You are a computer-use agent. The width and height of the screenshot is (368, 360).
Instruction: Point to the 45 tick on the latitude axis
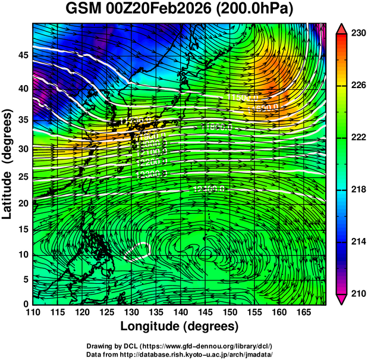pos(22,55)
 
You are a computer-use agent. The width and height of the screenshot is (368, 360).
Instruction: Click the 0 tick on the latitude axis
pos(25,304)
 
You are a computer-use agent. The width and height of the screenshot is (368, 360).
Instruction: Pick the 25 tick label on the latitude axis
pos(22,177)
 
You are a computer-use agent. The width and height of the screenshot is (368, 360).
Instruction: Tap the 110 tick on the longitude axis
pos(33,312)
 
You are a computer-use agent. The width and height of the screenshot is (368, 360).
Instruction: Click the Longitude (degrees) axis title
pos(180,326)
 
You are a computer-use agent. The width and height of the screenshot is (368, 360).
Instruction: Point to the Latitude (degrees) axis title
pos(9,164)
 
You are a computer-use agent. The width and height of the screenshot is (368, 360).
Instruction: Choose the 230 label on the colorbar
pos(357,34)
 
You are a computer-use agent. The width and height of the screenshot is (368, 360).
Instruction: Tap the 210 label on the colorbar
pos(357,293)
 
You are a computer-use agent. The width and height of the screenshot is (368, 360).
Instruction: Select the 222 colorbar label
pos(357,137)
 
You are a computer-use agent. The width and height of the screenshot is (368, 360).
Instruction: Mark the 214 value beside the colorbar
pos(357,241)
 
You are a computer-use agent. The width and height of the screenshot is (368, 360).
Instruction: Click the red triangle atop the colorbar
pos(342,29)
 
